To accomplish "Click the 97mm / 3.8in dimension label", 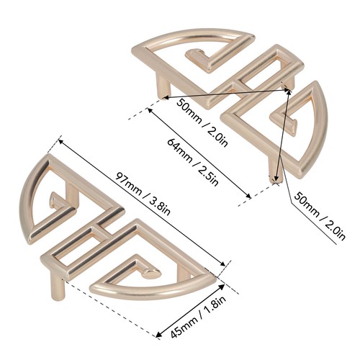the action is [x=143, y=194].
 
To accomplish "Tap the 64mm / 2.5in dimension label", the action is [x=193, y=162].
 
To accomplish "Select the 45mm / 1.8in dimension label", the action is [x=198, y=317].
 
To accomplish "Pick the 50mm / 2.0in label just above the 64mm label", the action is [x=202, y=122].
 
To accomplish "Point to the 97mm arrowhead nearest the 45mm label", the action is [x=222, y=263].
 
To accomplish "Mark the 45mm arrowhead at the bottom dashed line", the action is [x=159, y=334].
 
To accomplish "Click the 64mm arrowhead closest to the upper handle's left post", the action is [x=150, y=111].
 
